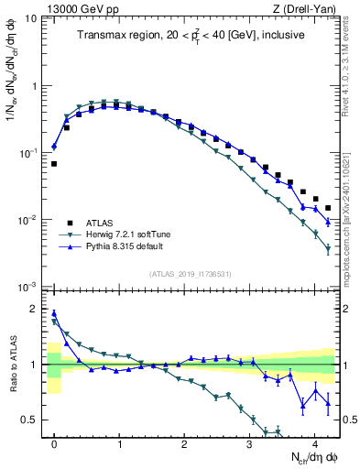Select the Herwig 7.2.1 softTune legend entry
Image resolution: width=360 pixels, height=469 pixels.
(127, 234)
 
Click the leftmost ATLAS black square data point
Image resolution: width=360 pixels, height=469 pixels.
(54, 164)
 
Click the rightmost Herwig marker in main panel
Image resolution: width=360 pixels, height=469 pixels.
(328, 248)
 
